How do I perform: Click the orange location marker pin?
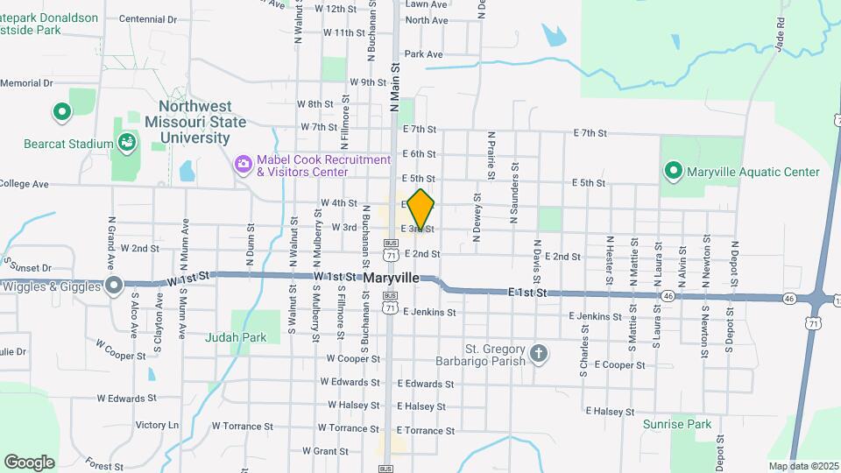point(421,208)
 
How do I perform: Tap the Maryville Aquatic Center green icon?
point(673,171)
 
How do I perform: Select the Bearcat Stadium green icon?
point(127,143)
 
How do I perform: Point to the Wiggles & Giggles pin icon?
point(113,285)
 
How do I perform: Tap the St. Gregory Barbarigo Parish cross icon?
point(539,354)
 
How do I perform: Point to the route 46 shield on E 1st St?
point(668,296)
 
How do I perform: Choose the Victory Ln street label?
point(157,425)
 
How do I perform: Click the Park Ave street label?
point(423,54)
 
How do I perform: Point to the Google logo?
point(29,462)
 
